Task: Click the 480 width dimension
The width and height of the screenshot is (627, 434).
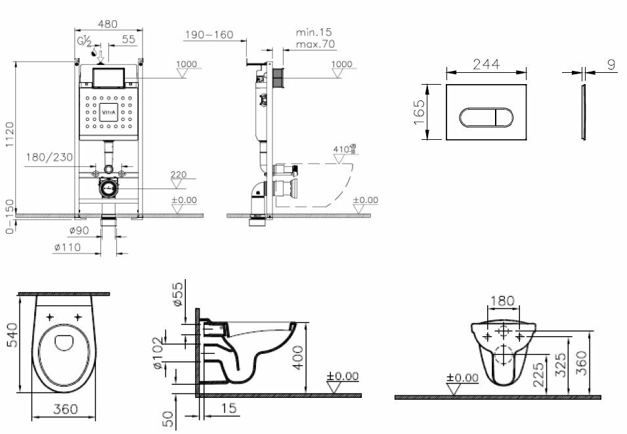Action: point(108,24)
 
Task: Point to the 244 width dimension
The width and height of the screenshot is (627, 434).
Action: point(486,64)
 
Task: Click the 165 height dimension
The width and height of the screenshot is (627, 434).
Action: point(420,112)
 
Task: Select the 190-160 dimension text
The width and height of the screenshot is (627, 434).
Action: point(209,34)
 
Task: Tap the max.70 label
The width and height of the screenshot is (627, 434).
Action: point(314,45)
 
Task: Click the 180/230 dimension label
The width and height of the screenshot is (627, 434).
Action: point(49,158)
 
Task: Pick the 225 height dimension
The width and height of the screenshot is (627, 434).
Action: point(538,377)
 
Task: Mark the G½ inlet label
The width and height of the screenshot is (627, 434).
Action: point(84,43)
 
